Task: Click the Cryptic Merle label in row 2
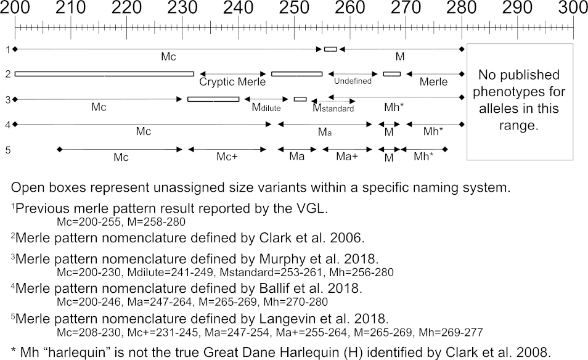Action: pos(233,82)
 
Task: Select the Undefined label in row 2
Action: pos(353,81)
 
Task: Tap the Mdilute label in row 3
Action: pos(266,107)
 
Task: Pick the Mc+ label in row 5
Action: pos(227,157)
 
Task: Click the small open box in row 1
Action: pos(330,49)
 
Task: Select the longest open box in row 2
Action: pos(104,74)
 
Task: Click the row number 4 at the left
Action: pos(7,124)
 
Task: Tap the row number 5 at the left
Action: pos(7,149)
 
